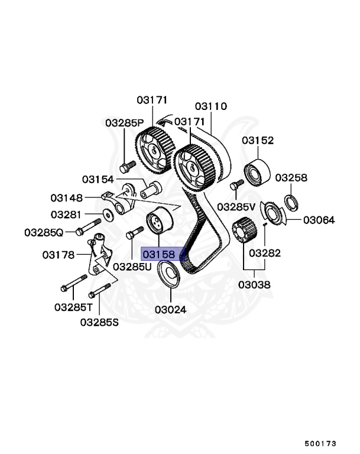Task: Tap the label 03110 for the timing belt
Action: (x=210, y=106)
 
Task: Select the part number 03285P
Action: (x=124, y=123)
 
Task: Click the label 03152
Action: (x=258, y=140)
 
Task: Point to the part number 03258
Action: (x=291, y=177)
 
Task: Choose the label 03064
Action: (x=319, y=220)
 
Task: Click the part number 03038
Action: (x=254, y=284)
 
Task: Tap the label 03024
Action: (x=171, y=309)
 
